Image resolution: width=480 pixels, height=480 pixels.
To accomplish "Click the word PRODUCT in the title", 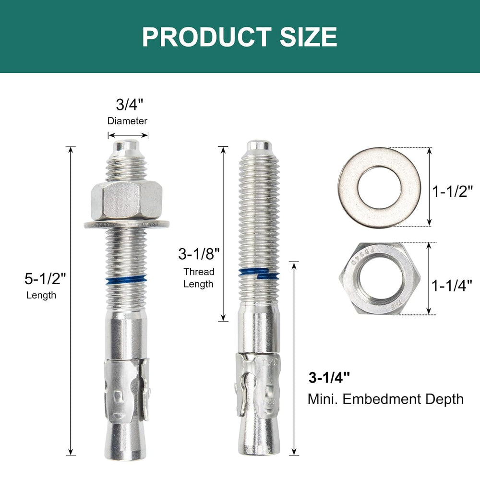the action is [x=206, y=37].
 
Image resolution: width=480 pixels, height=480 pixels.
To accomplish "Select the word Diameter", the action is [x=127, y=121].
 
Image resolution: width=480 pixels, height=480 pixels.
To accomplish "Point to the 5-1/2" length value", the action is [x=45, y=278].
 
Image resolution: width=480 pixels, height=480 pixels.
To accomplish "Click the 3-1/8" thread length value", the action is [x=199, y=254].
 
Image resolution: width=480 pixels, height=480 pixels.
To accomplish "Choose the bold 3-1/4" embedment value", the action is [x=329, y=377].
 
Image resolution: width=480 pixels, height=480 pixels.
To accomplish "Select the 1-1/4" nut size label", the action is [x=452, y=286].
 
